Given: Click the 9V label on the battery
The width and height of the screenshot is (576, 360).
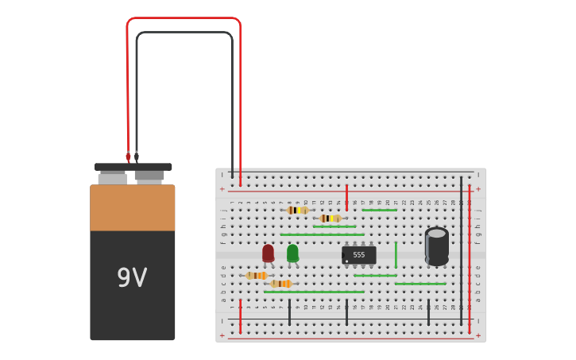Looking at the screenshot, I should (x=132, y=278).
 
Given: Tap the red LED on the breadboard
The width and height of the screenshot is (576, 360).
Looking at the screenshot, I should (x=268, y=253).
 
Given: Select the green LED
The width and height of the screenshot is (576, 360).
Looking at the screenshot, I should (x=292, y=253).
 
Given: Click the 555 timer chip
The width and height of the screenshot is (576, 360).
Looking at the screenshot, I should (x=358, y=255).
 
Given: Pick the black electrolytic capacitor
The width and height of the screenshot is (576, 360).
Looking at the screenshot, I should (x=436, y=246).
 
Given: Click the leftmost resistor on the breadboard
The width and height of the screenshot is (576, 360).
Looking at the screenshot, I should (x=256, y=276).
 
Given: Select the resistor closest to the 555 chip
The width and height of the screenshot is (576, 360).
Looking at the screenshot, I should (x=331, y=218).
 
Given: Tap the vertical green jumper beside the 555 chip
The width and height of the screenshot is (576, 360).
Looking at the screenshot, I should (x=396, y=254).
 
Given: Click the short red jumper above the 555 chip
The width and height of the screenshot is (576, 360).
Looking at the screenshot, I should (x=346, y=197).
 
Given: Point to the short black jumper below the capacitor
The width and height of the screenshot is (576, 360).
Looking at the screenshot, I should (x=428, y=312).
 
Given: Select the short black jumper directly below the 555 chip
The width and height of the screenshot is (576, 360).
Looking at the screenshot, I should (x=346, y=312).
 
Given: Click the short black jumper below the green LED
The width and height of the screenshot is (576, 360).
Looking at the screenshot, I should (x=289, y=312).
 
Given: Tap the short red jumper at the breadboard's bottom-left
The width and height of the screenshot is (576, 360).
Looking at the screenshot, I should (x=240, y=315).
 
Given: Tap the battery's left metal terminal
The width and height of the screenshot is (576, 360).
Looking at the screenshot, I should (x=112, y=176).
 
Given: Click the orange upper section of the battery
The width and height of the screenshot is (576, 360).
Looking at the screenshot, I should (x=132, y=207).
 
